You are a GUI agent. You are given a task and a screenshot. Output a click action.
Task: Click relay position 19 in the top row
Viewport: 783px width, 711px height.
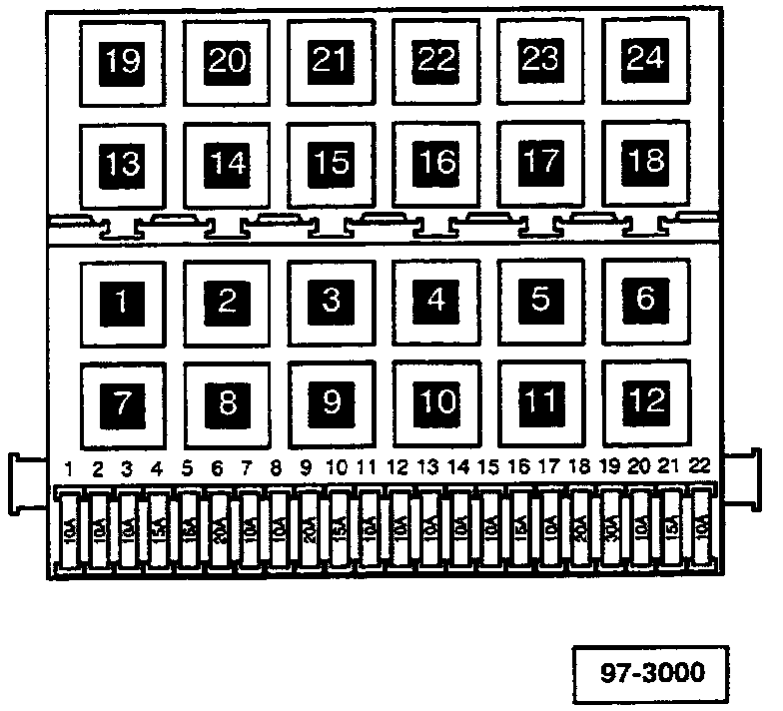123,62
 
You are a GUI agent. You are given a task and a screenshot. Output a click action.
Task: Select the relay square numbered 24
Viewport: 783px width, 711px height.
644,60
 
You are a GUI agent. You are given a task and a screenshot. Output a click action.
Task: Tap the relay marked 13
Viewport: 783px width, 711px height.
123,164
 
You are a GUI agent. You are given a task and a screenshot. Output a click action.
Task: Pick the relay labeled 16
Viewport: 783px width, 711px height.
435,162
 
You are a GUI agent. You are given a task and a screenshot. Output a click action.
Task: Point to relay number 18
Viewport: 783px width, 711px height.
644,161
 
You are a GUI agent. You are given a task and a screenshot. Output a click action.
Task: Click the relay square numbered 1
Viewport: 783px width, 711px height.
123,301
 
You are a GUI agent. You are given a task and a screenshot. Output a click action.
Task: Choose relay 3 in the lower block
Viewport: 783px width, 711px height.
332,299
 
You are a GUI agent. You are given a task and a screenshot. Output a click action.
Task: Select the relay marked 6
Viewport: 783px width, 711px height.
644,298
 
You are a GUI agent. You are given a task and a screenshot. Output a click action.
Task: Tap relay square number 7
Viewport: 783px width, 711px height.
123,402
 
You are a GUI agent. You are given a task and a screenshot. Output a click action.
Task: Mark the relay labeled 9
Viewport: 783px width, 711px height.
332,401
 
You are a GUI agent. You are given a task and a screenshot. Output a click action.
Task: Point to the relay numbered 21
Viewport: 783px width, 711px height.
332,61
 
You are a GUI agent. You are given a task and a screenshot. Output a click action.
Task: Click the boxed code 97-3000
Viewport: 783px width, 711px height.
652,671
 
